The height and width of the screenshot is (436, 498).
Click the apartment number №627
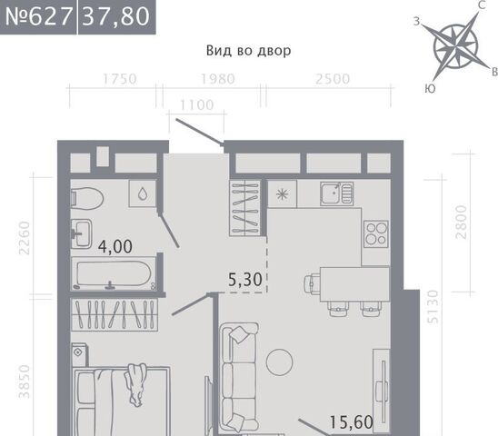point(38,16)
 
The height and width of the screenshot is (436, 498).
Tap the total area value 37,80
point(116,16)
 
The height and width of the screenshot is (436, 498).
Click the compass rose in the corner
point(456,46)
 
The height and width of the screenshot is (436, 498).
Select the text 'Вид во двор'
point(248,51)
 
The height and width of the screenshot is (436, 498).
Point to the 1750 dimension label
point(120,79)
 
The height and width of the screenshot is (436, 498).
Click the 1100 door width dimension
point(197,105)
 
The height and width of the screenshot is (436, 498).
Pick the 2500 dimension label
point(333,79)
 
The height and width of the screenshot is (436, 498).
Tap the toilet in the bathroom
point(86,198)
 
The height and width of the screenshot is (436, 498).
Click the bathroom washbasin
point(81,233)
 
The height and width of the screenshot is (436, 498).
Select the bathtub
point(114,273)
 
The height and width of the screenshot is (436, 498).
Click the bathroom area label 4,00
point(115,247)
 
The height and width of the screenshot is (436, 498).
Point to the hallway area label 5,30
point(244,280)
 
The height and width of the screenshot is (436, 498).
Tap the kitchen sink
point(336,193)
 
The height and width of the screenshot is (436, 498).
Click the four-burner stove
point(376,233)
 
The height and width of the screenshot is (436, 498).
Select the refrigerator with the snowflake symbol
point(282,194)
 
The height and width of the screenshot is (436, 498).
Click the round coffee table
point(280,362)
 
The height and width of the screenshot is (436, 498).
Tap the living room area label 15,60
point(352,422)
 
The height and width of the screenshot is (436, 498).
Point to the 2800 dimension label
point(461,222)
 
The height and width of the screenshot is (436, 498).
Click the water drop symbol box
point(143,193)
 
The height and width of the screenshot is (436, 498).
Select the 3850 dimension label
point(25,381)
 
